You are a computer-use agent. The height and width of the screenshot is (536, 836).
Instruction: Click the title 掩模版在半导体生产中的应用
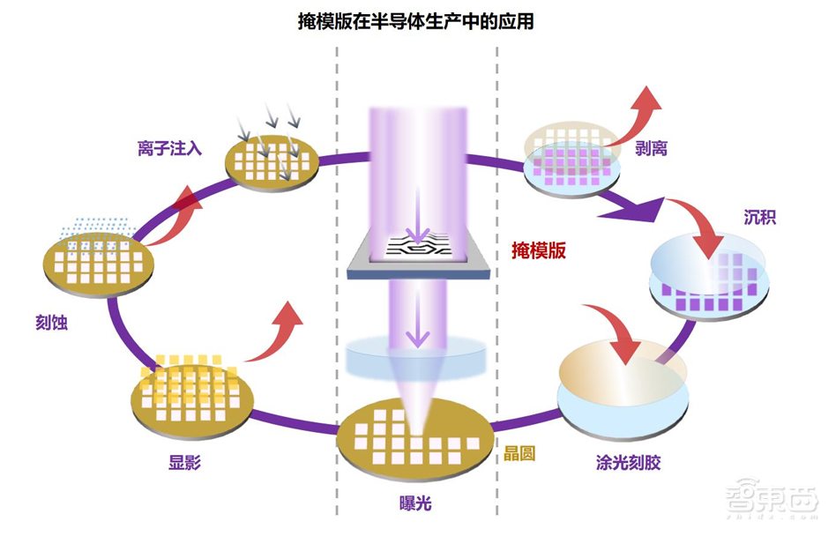coord(415,22)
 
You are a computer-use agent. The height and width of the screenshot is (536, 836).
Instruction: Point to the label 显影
coord(184,462)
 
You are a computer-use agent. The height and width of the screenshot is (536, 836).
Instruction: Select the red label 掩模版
coord(539,250)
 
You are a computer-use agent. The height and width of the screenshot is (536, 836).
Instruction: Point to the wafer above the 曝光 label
coord(415,441)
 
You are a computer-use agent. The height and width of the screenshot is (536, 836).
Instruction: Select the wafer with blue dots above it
coord(99,262)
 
